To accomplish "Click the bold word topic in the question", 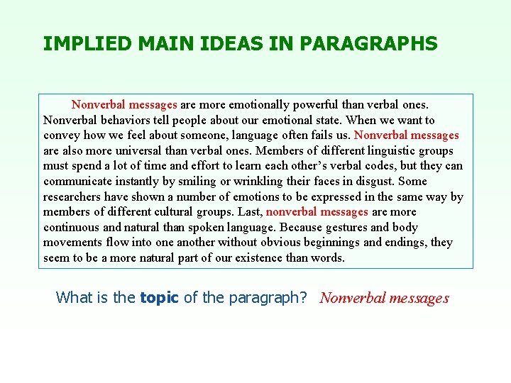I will coord(160,298).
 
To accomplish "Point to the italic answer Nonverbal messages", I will coord(384,298).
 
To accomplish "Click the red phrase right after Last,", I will coord(317,212).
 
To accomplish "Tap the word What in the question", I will coord(75,298).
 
